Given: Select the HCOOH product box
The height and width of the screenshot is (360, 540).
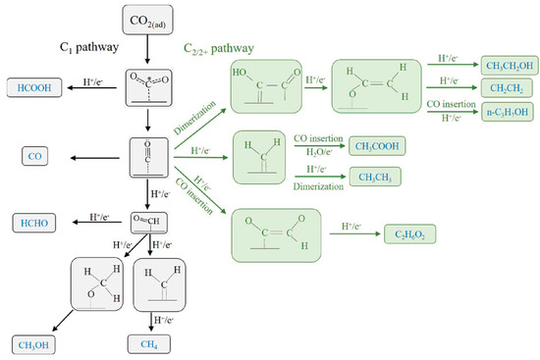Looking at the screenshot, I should point(39,87).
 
